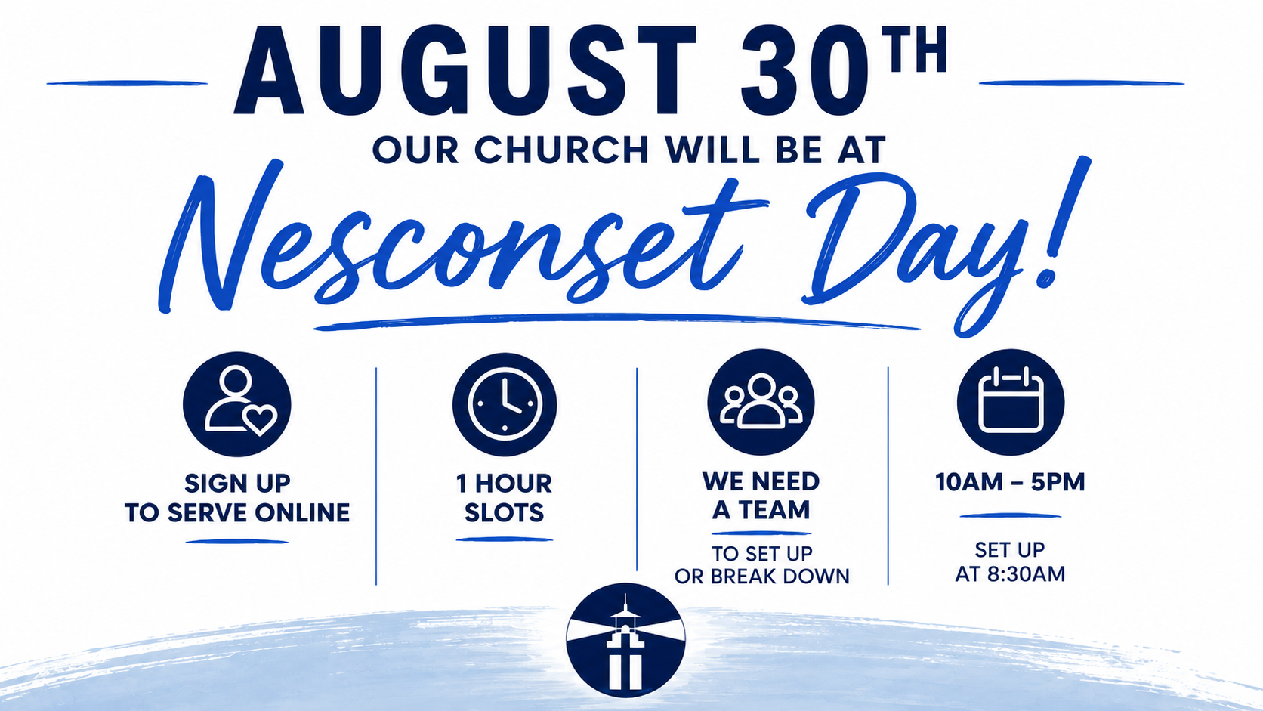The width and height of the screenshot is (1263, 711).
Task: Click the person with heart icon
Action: [x=237, y=403]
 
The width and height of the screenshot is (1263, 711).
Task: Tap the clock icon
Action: [x=505, y=404]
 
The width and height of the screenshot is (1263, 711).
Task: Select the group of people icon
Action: [x=761, y=401]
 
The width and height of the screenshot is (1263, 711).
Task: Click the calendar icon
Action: [x=1011, y=401]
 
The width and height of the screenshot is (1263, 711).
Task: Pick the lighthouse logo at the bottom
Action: [x=626, y=641]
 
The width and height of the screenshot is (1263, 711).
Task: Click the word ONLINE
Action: [x=302, y=512]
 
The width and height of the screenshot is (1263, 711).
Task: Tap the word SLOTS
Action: [x=504, y=512]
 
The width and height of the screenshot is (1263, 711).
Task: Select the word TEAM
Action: [x=775, y=510]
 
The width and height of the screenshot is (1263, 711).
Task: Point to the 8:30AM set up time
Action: [x=1026, y=574]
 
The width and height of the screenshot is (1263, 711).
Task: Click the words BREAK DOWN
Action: [x=780, y=577]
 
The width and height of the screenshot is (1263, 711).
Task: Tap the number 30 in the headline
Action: [x=805, y=70]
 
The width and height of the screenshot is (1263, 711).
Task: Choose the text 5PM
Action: [x=1058, y=482]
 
